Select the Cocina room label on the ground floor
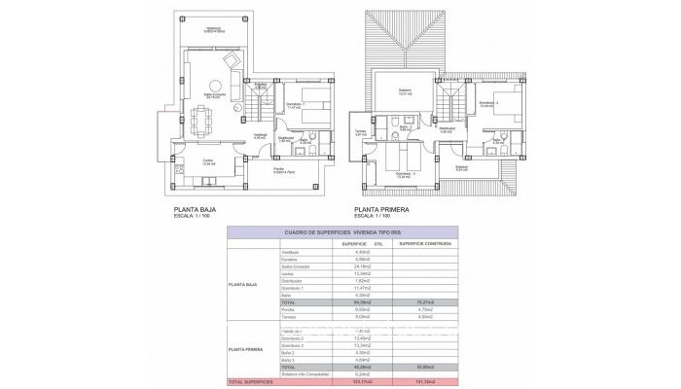pyautogui.click(x=207, y=161)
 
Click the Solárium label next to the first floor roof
pyautogui.click(x=405, y=91)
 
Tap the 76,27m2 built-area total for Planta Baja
pyautogui.click(x=424, y=303)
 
